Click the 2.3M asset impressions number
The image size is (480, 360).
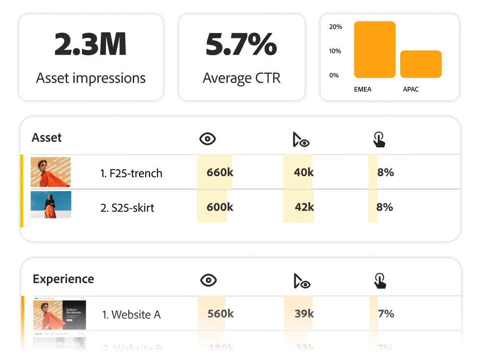[90, 45]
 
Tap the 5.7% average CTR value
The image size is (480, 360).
[241, 45]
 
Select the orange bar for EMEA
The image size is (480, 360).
[375, 49]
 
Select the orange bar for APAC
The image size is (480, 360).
[421, 64]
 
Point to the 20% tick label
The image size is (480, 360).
[336, 27]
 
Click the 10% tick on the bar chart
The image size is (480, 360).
[336, 51]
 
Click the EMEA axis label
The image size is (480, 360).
[362, 89]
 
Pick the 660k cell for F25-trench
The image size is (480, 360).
[220, 172]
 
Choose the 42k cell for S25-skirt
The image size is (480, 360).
[304, 207]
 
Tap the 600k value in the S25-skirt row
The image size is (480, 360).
[220, 207]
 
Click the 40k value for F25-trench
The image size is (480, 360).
[304, 172]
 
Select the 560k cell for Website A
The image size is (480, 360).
[221, 314]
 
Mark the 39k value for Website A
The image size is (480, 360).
[304, 314]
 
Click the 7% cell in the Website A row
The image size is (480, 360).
[386, 314]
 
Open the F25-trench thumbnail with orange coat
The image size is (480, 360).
[51, 172]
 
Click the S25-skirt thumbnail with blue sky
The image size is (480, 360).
[51, 204]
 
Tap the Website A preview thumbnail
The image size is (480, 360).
[59, 314]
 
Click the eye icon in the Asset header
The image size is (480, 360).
[207, 139]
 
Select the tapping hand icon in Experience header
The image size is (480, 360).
[379, 281]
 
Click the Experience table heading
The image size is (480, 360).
[63, 279]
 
